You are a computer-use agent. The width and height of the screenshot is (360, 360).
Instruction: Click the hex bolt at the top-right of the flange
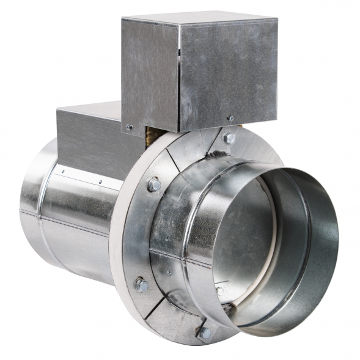(229, 138)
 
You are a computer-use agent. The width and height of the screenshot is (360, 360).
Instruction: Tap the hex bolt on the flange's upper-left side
(155, 183)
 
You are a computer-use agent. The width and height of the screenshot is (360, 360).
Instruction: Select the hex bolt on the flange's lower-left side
(142, 284)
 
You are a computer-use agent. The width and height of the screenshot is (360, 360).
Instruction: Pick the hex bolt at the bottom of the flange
(204, 332)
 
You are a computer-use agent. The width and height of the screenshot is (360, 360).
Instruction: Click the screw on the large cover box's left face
(129, 127)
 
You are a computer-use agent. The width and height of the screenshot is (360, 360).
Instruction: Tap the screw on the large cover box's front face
(230, 118)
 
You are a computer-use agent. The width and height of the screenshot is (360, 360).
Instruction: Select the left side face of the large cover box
(150, 73)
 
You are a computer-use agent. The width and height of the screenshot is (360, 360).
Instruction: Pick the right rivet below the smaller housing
(100, 182)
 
